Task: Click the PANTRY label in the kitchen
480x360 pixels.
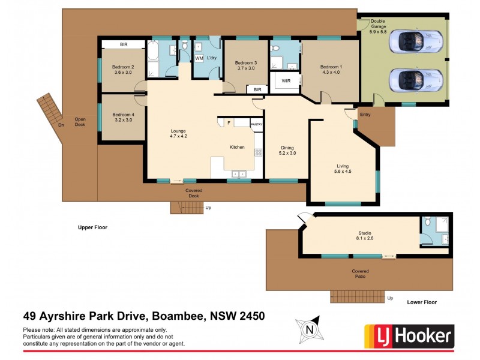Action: tap(257, 124)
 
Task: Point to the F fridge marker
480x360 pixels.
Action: tap(229, 123)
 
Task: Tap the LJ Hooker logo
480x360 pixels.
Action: tap(409, 336)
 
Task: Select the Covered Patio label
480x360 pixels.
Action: tap(361, 274)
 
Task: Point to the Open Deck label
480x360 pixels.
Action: tap(80, 122)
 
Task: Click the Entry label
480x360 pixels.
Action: tap(365, 114)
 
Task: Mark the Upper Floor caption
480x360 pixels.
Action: tap(92, 227)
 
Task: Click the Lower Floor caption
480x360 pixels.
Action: tap(422, 303)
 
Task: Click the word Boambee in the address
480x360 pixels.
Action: tap(179, 316)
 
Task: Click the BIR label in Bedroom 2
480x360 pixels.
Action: tap(124, 45)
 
